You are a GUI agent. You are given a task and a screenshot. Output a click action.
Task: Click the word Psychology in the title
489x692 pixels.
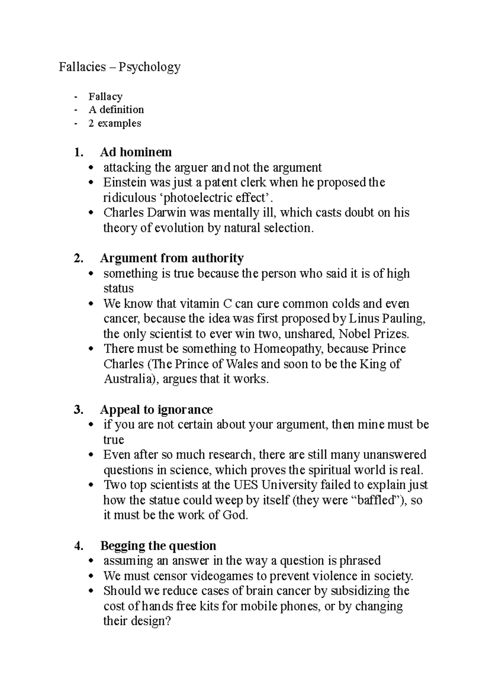150,67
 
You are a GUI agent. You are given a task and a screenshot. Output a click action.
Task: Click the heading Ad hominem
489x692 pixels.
136,152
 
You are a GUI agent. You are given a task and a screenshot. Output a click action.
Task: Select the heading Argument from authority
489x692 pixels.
172,258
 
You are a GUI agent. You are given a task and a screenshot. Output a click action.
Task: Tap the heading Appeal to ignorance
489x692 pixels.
156,410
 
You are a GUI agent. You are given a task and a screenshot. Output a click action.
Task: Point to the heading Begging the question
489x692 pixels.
158,546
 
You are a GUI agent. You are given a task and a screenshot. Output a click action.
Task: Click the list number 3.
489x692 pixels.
78,410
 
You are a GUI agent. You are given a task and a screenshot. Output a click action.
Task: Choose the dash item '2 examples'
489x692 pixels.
115,123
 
